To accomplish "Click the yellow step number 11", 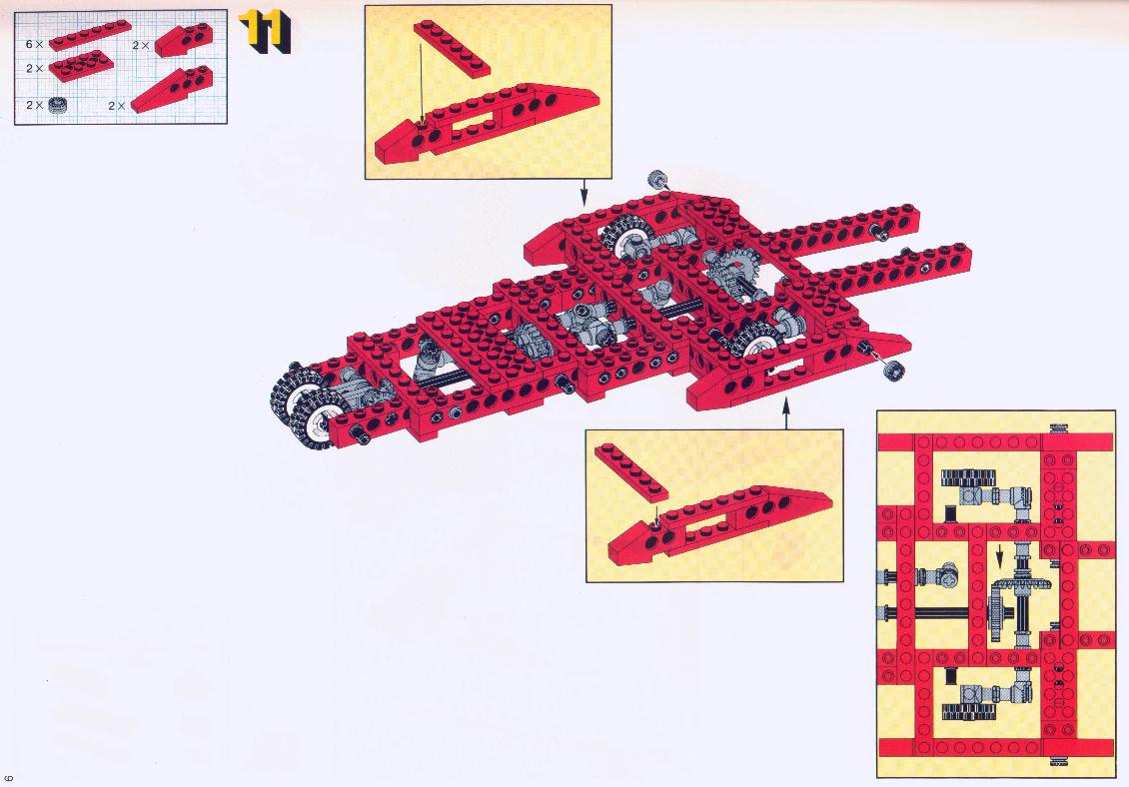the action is pos(264,32).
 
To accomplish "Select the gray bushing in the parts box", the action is pos(57,106).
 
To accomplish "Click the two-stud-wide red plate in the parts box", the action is pos(81,66).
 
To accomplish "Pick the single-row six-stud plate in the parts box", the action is pos(90,35).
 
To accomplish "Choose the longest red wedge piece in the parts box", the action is pos(172,90).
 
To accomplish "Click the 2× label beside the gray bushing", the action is pos(35,105).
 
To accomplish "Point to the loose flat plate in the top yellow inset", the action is pos(453,48).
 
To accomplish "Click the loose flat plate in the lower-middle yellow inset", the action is pos(631,472).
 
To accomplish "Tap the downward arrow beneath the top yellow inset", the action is pos(583,192).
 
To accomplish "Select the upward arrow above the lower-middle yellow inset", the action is pos(785,415).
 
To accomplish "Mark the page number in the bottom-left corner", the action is pos(9,778).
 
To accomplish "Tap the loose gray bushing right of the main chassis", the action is pos(894,372).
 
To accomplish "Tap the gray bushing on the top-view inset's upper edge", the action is pos(1057,429).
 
